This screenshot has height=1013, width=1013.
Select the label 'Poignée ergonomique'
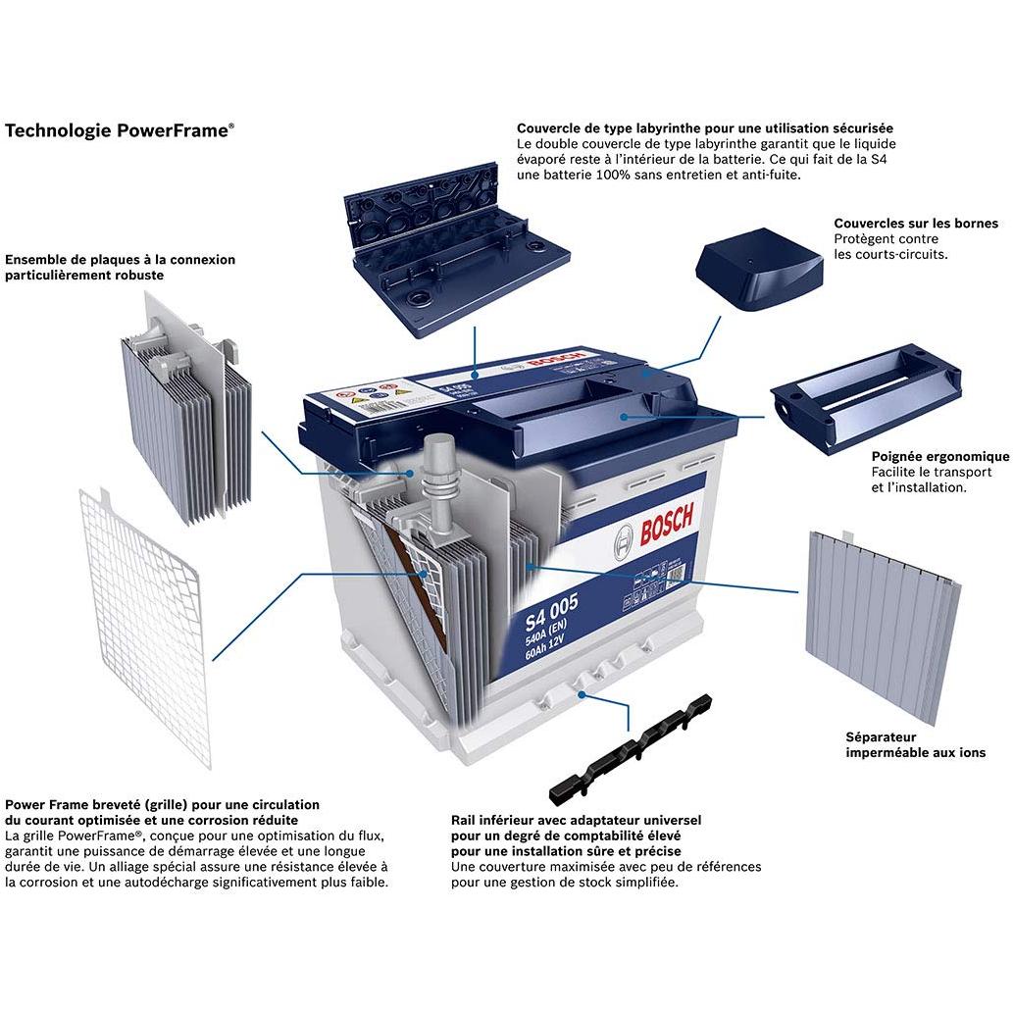pos(939,456)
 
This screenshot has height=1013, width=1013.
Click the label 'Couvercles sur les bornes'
pos(915,224)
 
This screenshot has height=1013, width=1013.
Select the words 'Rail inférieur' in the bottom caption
pos(496,820)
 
